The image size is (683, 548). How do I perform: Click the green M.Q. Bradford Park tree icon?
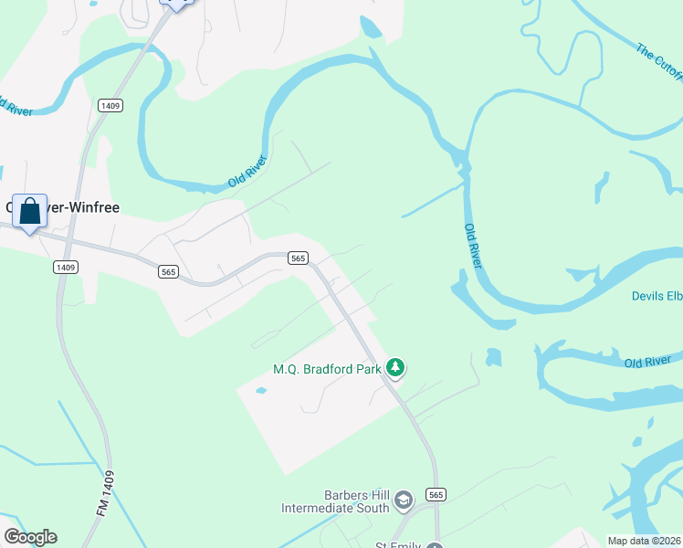coord(395,368)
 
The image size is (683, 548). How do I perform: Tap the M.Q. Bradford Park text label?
coord(327,370)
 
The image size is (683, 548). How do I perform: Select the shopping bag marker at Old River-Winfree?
coord(29,211)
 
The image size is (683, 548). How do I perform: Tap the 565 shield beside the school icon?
coord(436,494)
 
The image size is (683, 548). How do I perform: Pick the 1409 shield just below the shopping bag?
coord(65,267)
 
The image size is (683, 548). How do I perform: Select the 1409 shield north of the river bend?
coord(111,106)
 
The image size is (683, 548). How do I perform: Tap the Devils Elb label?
coord(656,296)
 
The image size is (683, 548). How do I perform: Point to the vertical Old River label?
coord(472,246)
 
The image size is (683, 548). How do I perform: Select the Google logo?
coord(30,537)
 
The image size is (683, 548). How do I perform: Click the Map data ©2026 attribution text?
coord(644,541)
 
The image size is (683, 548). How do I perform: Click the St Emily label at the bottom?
coord(398,545)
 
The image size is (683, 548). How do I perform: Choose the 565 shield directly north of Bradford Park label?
coord(298,258)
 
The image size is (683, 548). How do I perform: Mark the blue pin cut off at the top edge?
coord(176,4)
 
